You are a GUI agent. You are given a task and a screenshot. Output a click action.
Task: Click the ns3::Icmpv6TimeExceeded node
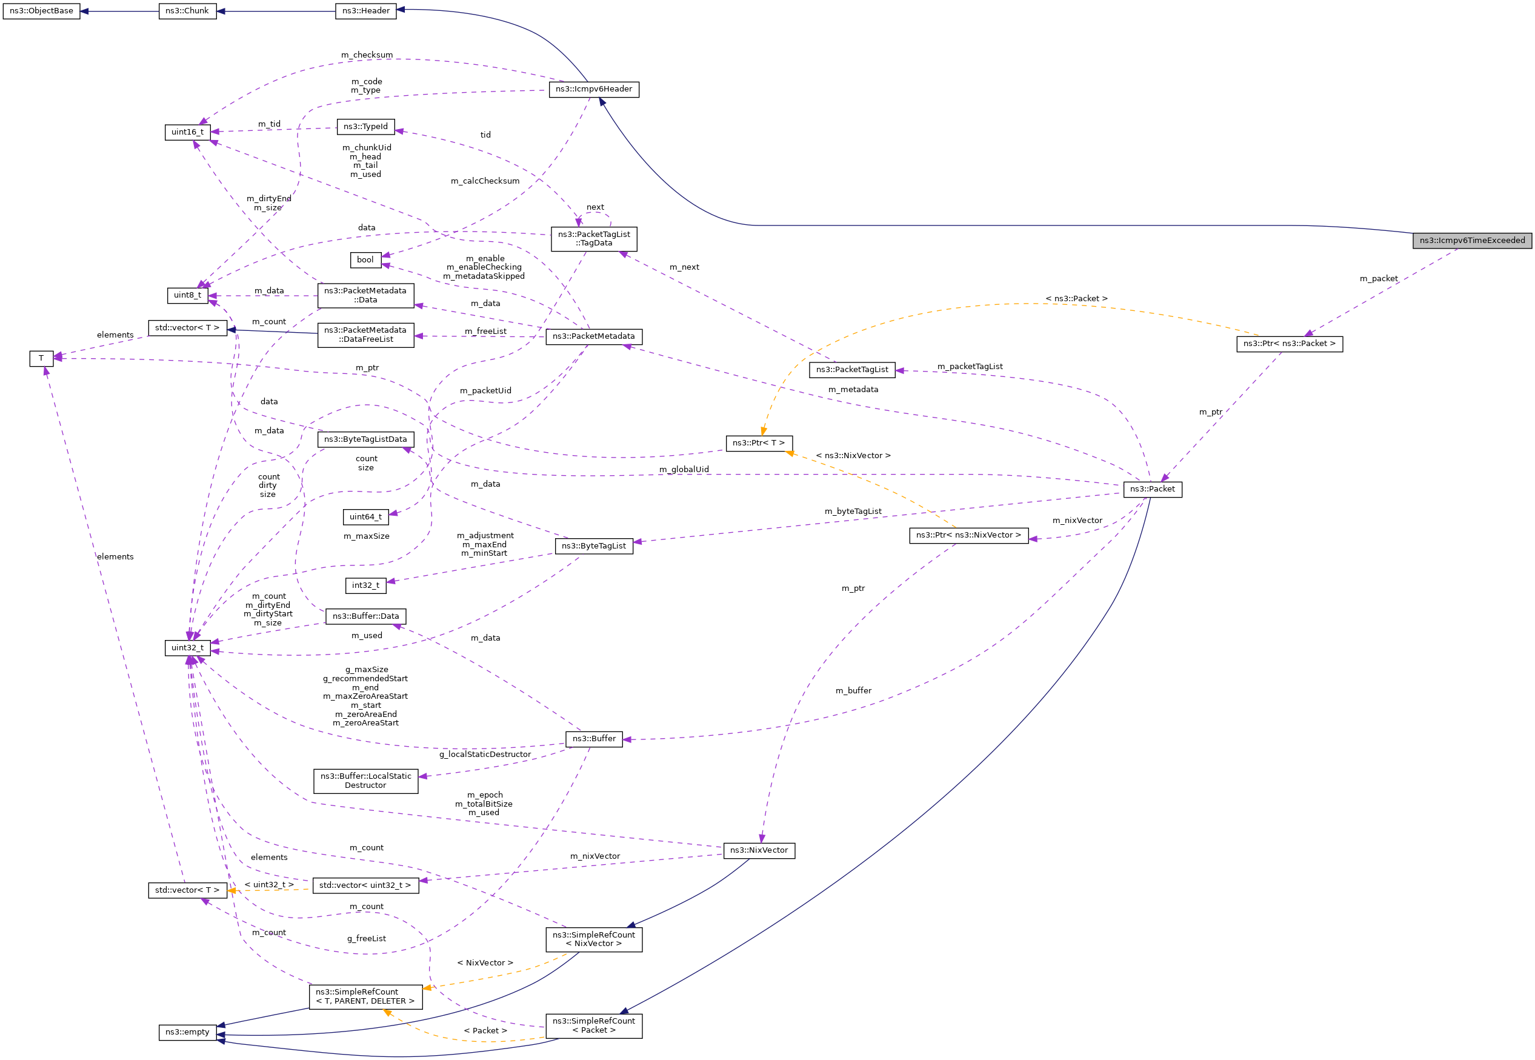1471,241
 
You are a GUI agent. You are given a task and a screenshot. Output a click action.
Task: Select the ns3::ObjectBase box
41,12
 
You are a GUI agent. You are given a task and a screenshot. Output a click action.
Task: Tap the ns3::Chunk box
187,12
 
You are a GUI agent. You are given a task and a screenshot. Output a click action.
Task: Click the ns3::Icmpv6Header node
593,89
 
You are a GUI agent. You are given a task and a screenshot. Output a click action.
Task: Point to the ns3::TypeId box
365,127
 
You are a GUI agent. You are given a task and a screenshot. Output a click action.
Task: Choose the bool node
365,259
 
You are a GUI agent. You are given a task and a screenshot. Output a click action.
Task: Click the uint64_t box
365,517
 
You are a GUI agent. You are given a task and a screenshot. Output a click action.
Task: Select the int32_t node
365,585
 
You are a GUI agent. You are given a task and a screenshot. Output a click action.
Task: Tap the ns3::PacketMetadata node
593,337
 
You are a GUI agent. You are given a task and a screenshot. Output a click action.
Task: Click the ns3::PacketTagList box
852,370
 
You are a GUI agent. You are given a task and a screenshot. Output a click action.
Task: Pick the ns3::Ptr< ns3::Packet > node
1289,344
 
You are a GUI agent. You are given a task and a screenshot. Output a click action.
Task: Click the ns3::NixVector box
759,850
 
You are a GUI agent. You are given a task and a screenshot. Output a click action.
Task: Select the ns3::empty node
187,1032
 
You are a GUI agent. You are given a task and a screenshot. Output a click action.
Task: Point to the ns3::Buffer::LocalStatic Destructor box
365,781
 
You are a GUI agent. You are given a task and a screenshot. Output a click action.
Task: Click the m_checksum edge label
367,55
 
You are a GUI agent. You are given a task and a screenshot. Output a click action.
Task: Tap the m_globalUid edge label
684,470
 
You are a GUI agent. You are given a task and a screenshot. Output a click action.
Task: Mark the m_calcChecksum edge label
485,181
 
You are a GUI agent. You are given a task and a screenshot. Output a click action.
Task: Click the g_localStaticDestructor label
485,754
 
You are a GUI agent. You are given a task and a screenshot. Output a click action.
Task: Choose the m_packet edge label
1378,279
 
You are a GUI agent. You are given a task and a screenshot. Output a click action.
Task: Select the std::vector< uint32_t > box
365,885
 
